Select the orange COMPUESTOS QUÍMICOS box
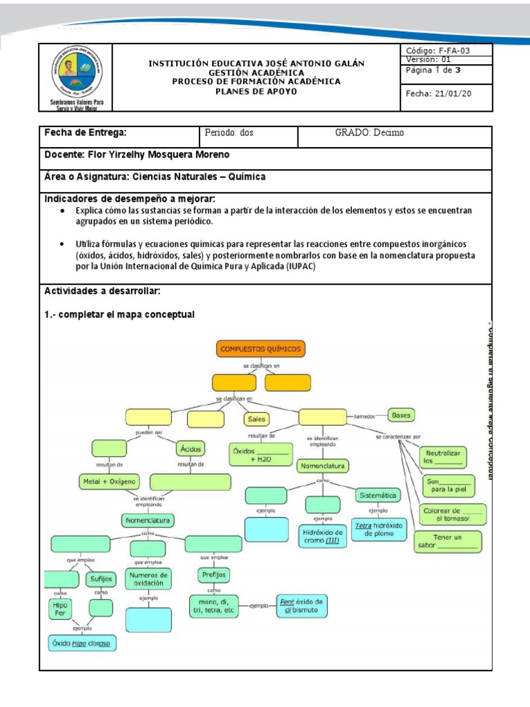point(261,349)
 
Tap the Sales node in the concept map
point(255,418)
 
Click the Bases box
point(401,416)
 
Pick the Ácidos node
point(190,449)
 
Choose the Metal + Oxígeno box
point(109,481)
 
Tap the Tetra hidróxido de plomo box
point(379,529)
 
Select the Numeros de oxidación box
point(148,579)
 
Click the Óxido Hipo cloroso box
point(81,643)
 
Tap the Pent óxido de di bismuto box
point(302,606)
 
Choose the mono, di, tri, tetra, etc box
point(217,606)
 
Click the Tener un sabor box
point(447,542)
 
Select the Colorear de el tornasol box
point(453,513)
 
